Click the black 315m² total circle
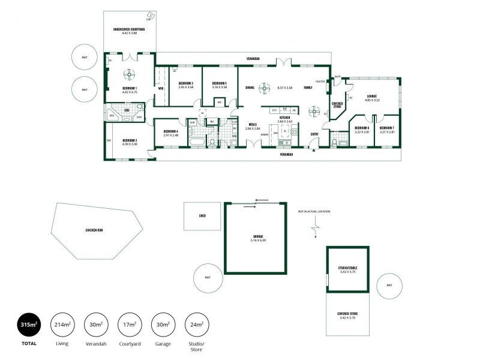[x=29, y=325]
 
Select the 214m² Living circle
[x=62, y=325]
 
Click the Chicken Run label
[x=95, y=230]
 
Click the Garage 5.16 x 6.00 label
[x=254, y=238]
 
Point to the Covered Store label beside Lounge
[x=337, y=106]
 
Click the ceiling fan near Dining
[x=262, y=87]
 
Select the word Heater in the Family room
[x=320, y=82]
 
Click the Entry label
[x=314, y=134]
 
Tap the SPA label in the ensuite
[x=111, y=116]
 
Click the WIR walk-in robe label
[x=161, y=88]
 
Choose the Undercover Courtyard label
[x=130, y=31]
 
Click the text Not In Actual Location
[x=314, y=211]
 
